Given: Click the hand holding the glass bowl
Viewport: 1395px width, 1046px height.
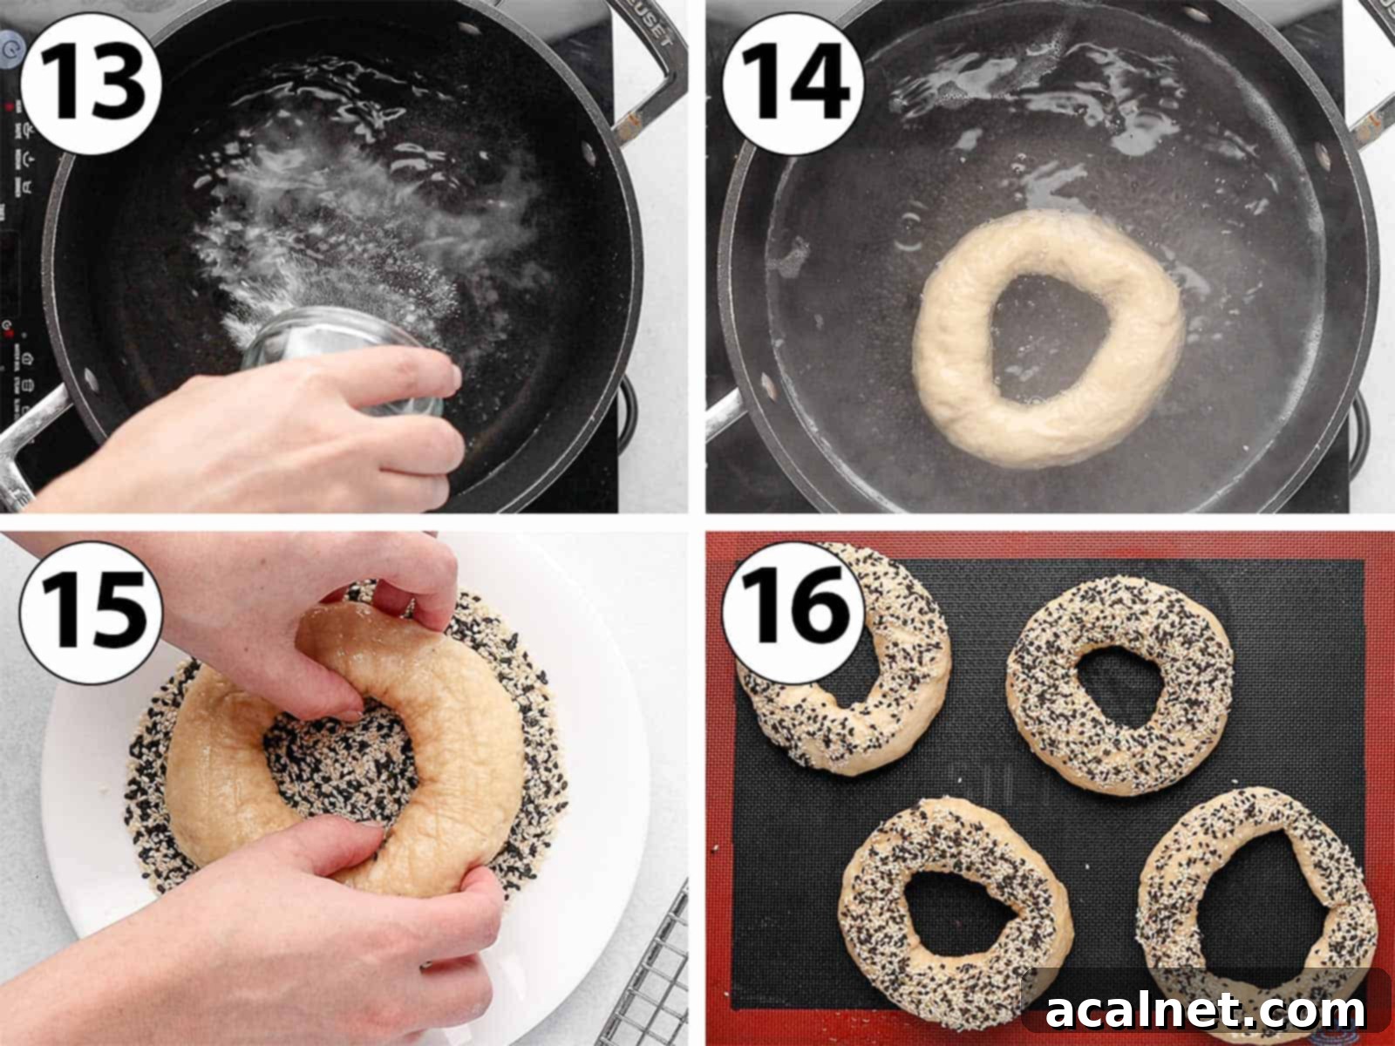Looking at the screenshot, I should click(262, 436).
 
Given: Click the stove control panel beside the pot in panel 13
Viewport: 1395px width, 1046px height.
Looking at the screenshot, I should click(22, 218).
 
